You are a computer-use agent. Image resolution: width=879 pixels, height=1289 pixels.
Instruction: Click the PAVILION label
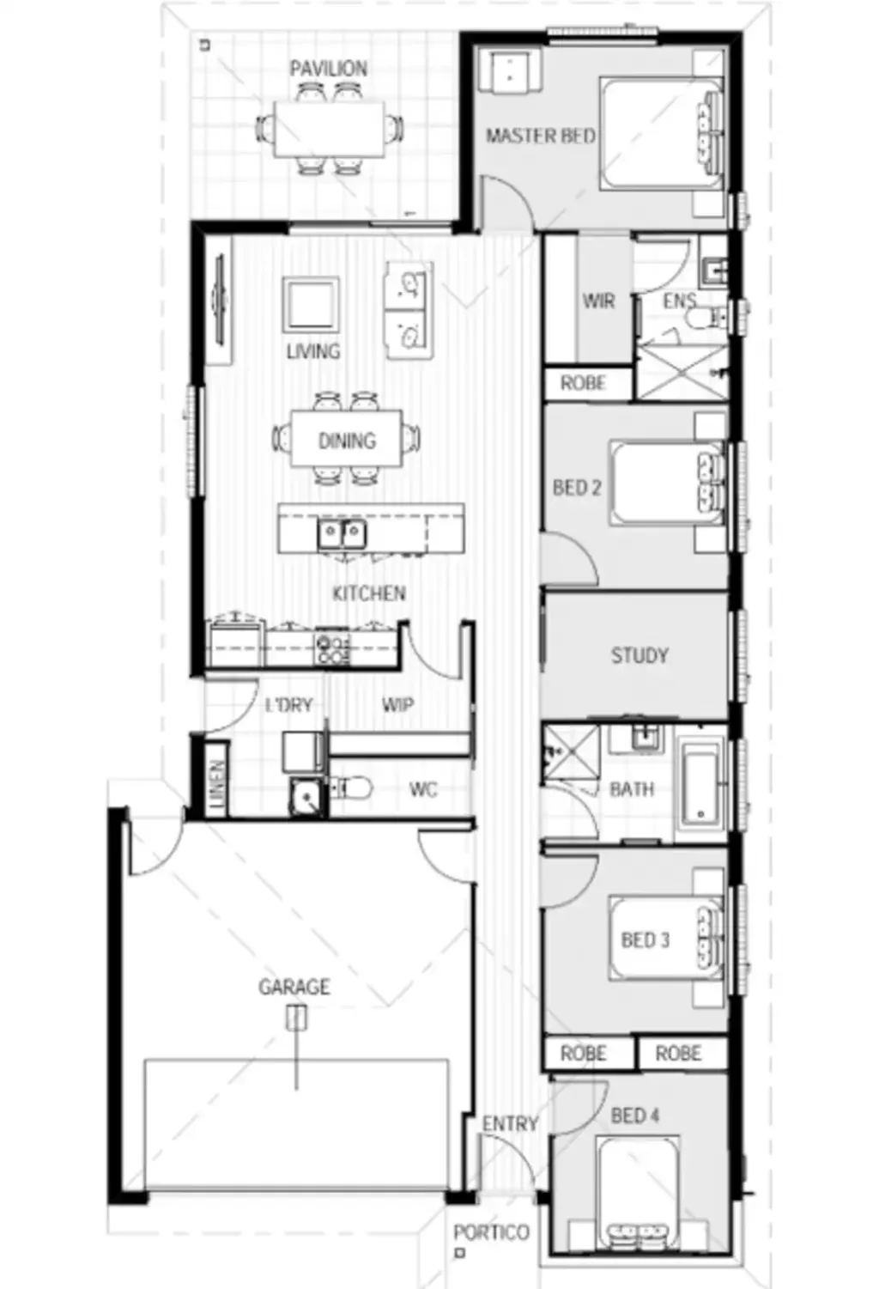click(x=328, y=69)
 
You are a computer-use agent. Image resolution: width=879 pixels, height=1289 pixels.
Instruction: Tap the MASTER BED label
click(x=540, y=136)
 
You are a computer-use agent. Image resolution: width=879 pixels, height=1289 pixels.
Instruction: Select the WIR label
click(x=598, y=301)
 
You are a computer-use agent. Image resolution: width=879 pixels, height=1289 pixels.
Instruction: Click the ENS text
click(x=679, y=301)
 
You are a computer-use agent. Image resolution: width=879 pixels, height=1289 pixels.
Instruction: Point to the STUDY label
click(x=639, y=656)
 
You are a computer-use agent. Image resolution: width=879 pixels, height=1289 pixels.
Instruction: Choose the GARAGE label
click(x=294, y=987)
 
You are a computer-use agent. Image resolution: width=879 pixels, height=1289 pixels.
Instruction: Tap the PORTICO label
click(x=491, y=1232)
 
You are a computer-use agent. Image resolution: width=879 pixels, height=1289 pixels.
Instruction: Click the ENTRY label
click(x=510, y=1123)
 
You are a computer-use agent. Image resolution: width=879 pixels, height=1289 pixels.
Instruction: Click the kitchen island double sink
click(x=343, y=534)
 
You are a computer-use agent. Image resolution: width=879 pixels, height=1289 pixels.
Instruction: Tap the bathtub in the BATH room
click(x=702, y=787)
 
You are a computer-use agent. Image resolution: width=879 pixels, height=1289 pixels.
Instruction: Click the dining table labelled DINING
click(x=347, y=441)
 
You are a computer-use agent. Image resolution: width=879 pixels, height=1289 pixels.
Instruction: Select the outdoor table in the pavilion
click(x=330, y=129)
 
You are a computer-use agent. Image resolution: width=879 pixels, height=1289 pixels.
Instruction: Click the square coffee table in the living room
click(x=311, y=304)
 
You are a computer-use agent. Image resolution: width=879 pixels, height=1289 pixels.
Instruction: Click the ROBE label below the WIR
click(x=583, y=383)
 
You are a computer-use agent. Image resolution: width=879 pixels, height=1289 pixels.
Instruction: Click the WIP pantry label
click(x=397, y=705)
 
